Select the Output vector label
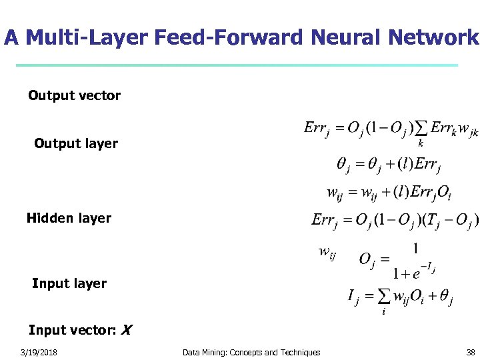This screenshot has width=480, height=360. click(x=74, y=95)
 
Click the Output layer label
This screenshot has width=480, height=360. click(x=76, y=143)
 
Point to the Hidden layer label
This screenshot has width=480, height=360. click(x=69, y=218)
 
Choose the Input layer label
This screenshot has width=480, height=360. click(x=69, y=283)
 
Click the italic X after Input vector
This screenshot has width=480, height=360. click(x=127, y=330)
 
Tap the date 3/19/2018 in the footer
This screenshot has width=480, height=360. click(x=39, y=352)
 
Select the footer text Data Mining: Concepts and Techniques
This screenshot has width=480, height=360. click(x=251, y=352)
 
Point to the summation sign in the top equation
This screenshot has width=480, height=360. click(x=421, y=127)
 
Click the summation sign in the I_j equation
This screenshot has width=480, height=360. click(x=383, y=296)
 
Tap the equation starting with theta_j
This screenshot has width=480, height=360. click(x=389, y=163)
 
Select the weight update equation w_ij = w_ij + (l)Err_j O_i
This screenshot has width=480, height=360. click(x=389, y=193)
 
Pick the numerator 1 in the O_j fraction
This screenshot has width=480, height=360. click(x=415, y=248)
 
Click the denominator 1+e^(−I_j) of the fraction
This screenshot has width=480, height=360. click(x=413, y=271)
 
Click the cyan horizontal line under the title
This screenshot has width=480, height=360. click(x=237, y=65)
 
